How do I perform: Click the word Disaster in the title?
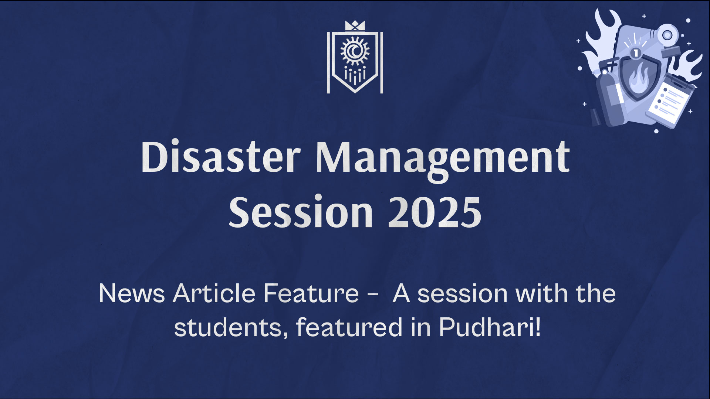point(220,157)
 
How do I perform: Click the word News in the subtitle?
point(132,294)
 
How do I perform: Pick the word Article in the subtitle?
point(214,293)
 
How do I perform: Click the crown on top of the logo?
point(355,26)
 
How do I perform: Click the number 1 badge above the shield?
point(636,53)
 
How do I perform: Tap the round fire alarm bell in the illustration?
point(667,35)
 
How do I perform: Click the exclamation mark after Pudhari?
point(538,327)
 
